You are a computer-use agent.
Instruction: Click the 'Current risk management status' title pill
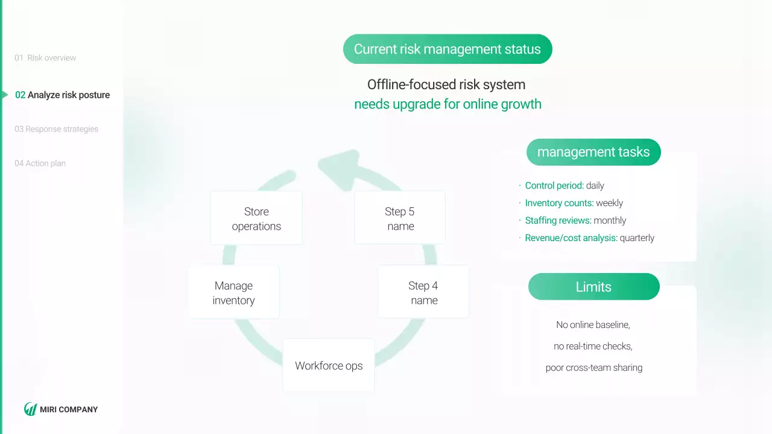(x=448, y=49)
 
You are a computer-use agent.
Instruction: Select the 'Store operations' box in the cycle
(x=256, y=218)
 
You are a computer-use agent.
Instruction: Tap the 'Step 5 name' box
(x=400, y=218)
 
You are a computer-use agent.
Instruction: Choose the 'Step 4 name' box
(x=423, y=292)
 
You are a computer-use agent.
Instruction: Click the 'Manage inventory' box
(x=233, y=292)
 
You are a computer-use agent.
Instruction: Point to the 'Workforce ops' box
(x=329, y=365)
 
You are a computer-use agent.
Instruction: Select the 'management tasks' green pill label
(x=593, y=153)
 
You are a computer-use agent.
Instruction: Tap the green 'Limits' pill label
(x=593, y=287)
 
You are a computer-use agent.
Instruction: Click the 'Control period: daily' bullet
(x=564, y=186)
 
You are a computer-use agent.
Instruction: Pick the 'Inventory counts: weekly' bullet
(x=574, y=203)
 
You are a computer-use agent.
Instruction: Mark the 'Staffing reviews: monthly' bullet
(x=575, y=221)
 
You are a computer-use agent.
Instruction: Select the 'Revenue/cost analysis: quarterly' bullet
(x=589, y=238)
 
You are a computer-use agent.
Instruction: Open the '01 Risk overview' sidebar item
(x=46, y=58)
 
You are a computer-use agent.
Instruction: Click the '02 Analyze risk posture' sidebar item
(x=63, y=95)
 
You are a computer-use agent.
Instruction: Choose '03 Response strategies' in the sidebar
(x=57, y=129)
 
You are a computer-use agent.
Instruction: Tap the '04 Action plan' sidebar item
(x=40, y=163)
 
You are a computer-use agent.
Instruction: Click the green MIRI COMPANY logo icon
(x=30, y=409)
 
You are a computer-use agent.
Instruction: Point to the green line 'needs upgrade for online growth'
(x=448, y=104)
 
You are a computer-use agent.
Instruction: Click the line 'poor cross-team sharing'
(x=593, y=368)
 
